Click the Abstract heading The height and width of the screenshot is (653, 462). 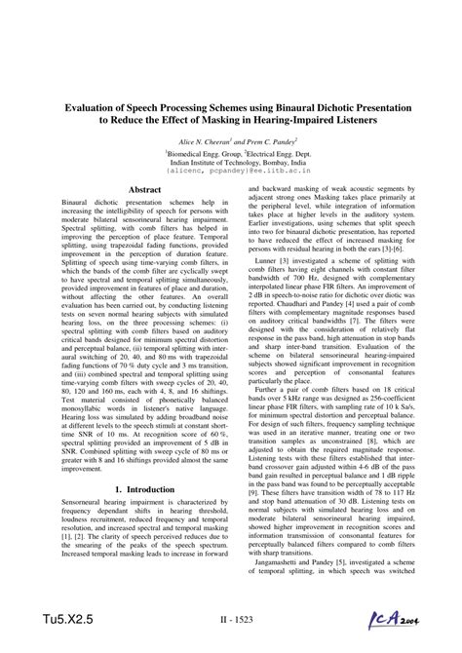click(144, 190)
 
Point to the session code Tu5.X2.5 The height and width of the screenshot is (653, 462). click(51, 619)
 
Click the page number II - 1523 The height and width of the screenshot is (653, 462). click(230, 621)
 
